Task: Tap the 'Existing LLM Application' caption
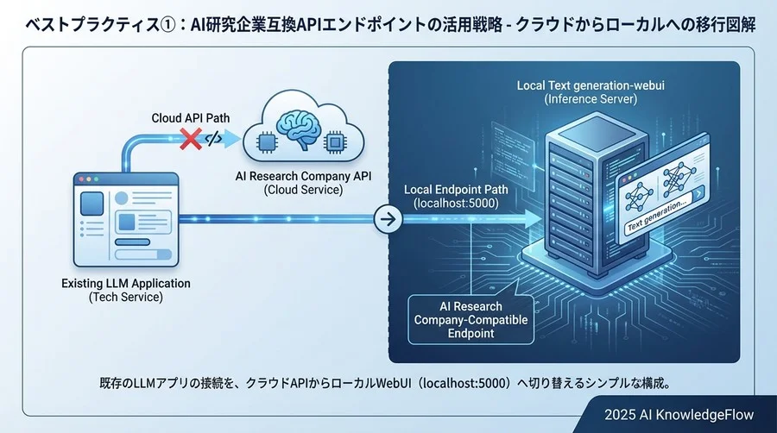126,283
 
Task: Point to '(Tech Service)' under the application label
126,298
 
